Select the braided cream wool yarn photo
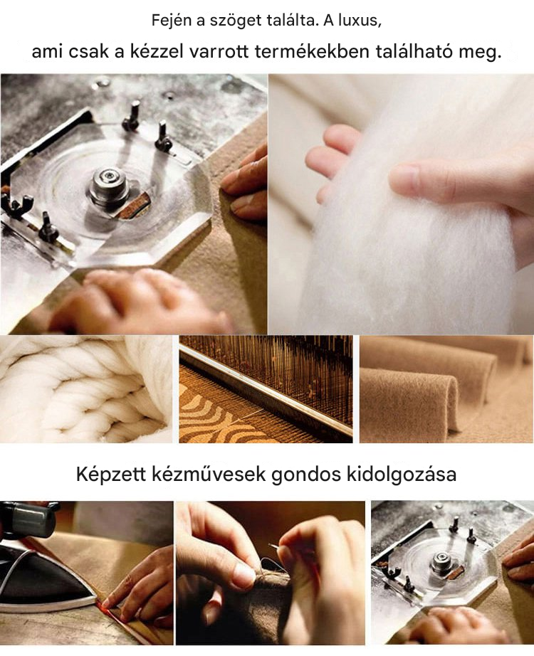pyautogui.click(x=86, y=389)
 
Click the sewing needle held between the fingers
pyautogui.click(x=274, y=548)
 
